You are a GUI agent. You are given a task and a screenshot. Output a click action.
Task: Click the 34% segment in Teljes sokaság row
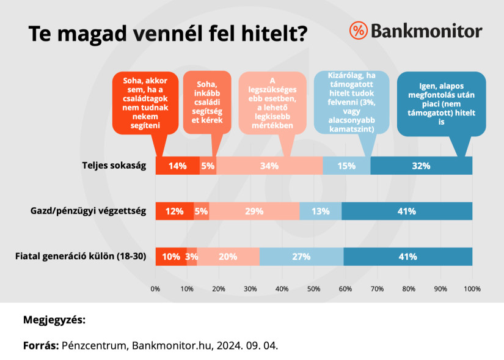[x=269, y=166]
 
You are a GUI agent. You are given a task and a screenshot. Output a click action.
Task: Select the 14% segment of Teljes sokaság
[x=178, y=166]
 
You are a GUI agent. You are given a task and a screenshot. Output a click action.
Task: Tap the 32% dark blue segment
[x=421, y=166]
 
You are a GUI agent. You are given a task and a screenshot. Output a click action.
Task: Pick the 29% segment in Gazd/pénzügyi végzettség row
[x=254, y=211]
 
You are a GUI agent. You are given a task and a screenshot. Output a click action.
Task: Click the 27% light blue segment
[x=301, y=257]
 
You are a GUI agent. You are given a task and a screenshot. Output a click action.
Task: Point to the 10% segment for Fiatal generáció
[x=171, y=257]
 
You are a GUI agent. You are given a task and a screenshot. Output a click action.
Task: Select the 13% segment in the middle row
[x=320, y=211]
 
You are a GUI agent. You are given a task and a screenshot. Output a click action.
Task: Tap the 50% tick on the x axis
[x=314, y=288]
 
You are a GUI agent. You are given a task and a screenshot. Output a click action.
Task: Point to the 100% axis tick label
[x=472, y=288]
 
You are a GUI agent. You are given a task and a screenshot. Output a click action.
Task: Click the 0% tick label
[x=156, y=288]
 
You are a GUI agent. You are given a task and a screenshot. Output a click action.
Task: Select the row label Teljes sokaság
[x=115, y=166]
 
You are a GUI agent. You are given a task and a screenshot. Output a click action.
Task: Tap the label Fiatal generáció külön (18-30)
[x=81, y=257]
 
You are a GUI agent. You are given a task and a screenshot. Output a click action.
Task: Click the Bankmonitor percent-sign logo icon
[x=359, y=31]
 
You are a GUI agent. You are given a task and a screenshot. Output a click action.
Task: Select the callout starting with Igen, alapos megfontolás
[x=441, y=104]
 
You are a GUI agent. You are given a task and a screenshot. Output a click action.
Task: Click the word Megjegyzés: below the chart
[x=54, y=320]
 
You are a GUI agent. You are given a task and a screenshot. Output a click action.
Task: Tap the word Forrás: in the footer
[x=40, y=345]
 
